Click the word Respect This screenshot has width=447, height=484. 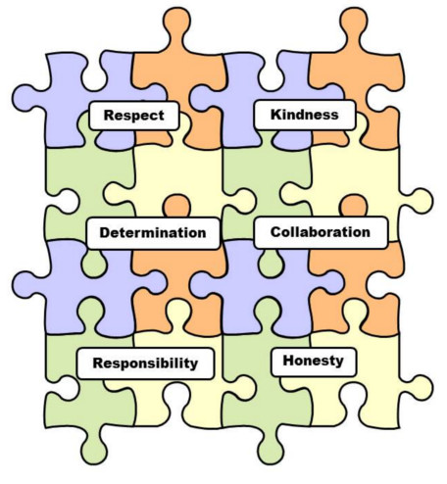tap(134, 116)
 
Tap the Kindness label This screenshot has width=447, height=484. tap(305, 115)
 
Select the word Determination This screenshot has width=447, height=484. tap(153, 233)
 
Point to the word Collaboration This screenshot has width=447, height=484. tap(321, 232)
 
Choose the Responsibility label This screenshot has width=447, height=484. tap(145, 363)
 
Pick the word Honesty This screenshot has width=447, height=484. tap(314, 361)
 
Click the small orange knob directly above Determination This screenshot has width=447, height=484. tap(176, 206)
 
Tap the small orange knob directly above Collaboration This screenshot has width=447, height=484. tap(354, 206)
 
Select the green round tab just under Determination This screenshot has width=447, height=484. tap(94, 264)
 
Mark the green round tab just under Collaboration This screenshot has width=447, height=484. tap(271, 264)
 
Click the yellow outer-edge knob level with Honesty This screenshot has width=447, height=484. tap(420, 388)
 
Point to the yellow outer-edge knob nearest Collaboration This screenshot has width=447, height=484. tap(420, 201)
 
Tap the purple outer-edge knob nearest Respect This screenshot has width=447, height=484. tap(26, 98)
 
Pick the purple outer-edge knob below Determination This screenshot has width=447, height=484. tap(26, 285)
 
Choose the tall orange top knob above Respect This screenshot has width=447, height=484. tap(176, 26)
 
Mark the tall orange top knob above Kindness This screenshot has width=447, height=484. tap(354, 26)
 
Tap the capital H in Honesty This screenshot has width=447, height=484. tap(288, 361)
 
